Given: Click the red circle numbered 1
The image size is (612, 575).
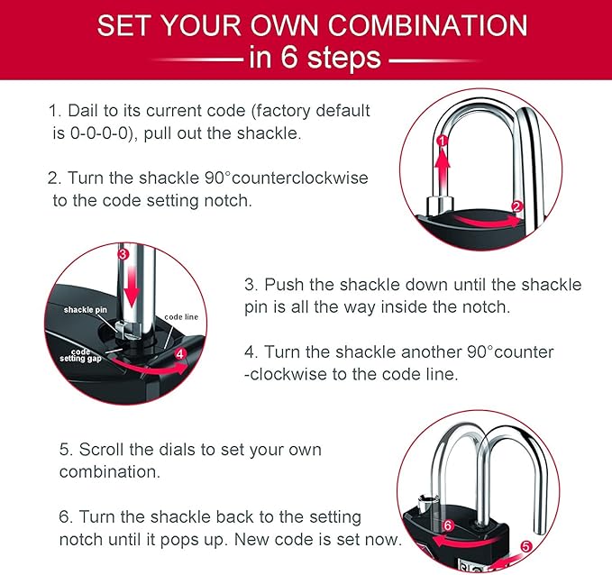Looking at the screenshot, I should [x=442, y=141].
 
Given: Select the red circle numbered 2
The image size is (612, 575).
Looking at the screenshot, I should [x=516, y=206].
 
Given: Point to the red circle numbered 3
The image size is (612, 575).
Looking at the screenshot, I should [x=123, y=255].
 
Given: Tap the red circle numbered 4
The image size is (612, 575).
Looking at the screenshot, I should [x=179, y=354].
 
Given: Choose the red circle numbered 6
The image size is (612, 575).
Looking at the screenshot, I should [x=448, y=525].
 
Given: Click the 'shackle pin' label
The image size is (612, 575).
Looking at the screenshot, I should [x=87, y=309].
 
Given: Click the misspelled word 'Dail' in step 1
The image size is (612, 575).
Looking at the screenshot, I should [x=81, y=111].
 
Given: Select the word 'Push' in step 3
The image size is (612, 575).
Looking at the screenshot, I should [x=284, y=285].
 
